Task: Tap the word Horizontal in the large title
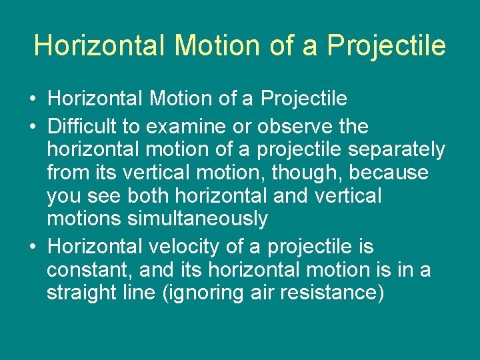tap(99, 46)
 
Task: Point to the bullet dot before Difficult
tap(32, 127)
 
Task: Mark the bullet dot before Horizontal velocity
tap(32, 247)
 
